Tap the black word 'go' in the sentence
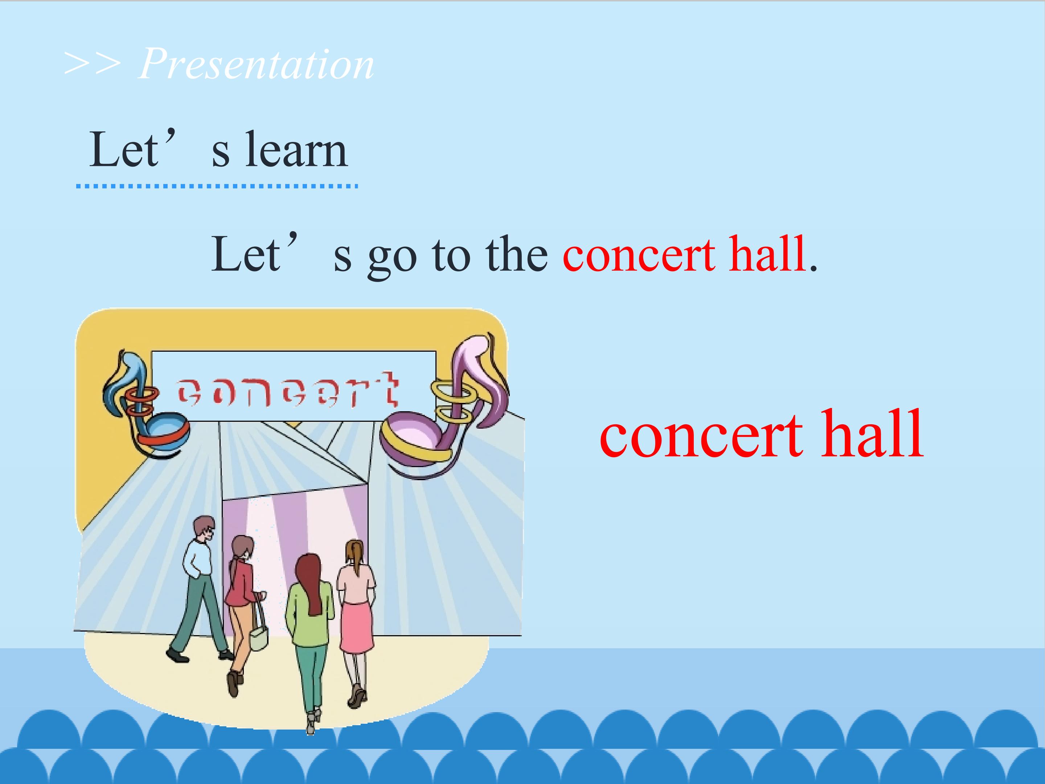coord(392,258)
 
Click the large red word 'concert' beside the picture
coord(701,435)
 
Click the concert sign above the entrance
coord(294,385)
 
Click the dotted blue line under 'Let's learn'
coord(217,187)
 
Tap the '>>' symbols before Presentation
coord(92,64)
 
